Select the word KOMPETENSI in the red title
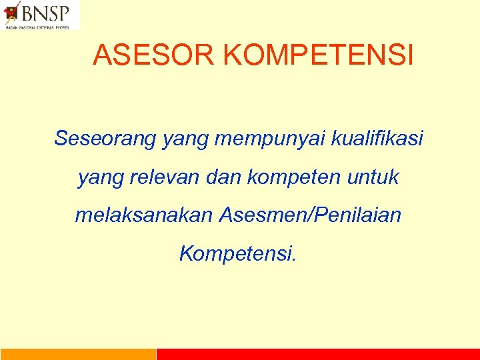click(319, 56)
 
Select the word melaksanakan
click(143, 215)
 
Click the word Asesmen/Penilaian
click(309, 215)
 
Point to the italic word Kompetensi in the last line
click(237, 254)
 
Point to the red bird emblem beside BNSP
click(13, 13)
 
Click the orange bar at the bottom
click(78, 354)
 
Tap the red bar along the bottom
click(318, 354)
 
